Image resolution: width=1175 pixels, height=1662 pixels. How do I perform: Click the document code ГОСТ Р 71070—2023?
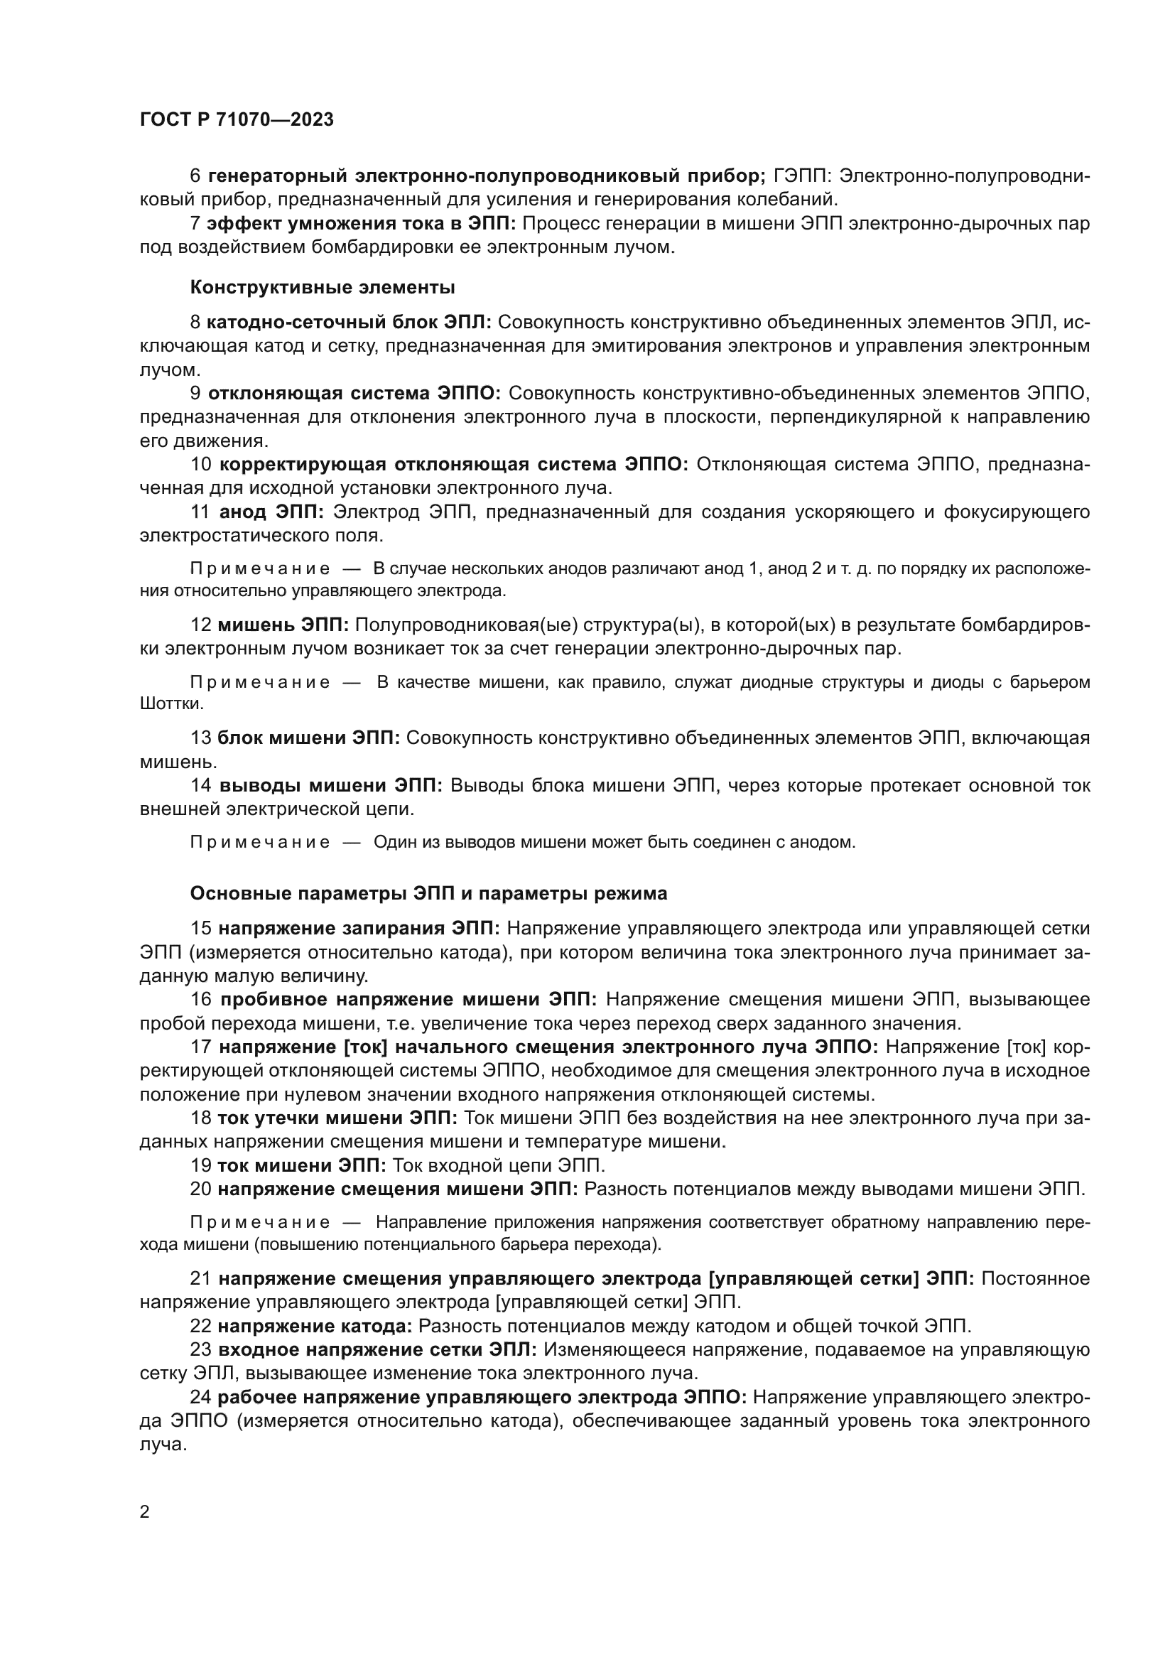237,120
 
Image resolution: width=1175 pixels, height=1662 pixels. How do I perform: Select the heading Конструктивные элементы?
322,287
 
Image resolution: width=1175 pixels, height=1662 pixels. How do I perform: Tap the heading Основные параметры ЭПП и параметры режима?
428,893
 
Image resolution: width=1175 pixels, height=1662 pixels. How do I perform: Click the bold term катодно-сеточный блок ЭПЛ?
349,322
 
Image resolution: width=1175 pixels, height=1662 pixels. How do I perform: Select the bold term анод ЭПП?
271,512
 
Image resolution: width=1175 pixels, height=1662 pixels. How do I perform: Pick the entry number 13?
200,738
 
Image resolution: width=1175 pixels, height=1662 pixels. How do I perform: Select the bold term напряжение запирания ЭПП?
359,928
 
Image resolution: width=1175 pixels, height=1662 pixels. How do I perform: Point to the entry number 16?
200,1000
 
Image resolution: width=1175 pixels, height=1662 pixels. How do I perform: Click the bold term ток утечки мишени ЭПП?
337,1118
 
